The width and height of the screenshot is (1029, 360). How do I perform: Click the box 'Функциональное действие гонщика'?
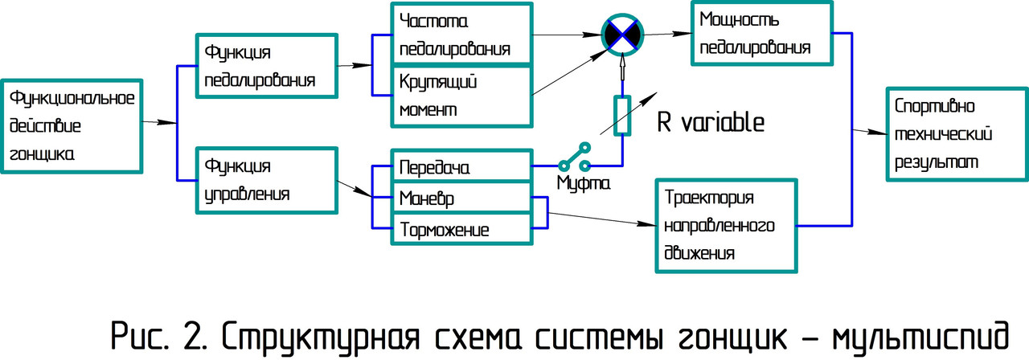(72, 126)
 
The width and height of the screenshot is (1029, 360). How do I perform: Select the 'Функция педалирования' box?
(266, 66)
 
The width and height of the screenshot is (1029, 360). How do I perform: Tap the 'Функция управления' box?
(266, 180)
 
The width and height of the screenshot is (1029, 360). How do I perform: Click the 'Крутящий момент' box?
(461, 95)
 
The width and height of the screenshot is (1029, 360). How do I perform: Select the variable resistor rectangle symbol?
(622, 115)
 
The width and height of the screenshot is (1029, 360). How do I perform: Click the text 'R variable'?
(710, 123)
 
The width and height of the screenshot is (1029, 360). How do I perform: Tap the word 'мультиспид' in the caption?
(924, 332)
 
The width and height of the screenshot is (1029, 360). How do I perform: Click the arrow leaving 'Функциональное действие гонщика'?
(159, 122)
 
